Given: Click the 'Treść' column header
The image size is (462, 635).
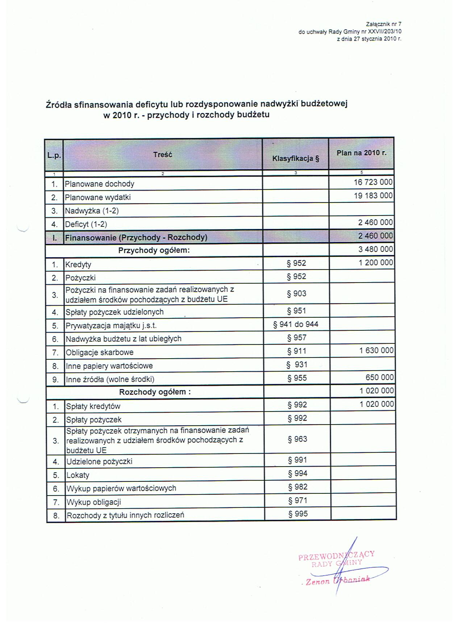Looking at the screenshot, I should point(162,155).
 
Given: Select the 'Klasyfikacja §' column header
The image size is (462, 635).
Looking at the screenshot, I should point(296,158).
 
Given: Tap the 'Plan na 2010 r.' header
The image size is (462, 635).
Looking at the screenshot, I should point(361,153).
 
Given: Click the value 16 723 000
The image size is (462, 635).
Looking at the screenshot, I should point(373,182).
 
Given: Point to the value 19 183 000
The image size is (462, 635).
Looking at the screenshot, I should point(373,196).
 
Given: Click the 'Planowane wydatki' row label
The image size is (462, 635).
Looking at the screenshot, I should point(97,197).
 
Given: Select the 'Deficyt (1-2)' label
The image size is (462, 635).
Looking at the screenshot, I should point(86,224).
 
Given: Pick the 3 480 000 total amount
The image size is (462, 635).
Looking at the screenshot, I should point(375,249).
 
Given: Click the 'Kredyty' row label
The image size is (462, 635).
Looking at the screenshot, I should point(78,265).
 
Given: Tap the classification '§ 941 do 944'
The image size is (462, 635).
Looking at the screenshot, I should point(296,324).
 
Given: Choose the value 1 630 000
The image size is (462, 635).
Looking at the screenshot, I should point(376,351).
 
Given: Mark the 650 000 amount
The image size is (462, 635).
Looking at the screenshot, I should point(379,377).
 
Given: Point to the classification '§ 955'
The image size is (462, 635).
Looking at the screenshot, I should point(297,378).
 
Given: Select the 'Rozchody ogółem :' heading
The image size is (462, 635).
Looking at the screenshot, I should point(155,392).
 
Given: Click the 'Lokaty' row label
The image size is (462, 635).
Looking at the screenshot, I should point(78,475).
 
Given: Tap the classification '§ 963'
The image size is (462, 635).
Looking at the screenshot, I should point(297,439).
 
